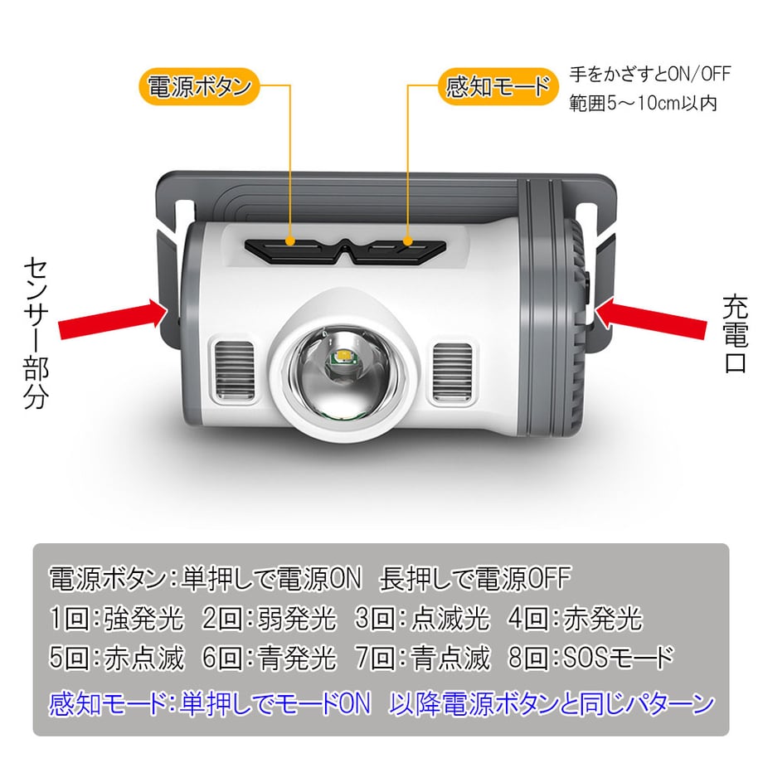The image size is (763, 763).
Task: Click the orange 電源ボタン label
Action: pyautogui.click(x=198, y=86)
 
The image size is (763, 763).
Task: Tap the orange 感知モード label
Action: pyautogui.click(x=498, y=86)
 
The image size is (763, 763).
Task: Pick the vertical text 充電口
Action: pyautogui.click(x=736, y=333)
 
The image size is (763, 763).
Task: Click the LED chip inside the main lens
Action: pyautogui.click(x=343, y=357)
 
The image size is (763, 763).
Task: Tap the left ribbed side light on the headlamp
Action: pyautogui.click(x=235, y=371)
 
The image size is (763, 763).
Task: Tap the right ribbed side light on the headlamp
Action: pyautogui.click(x=452, y=372)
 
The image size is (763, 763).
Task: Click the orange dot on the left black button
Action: pyautogui.click(x=290, y=241)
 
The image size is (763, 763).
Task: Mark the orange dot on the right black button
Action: pyautogui.click(x=408, y=241)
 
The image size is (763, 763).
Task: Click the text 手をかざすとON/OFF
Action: pyautogui.click(x=650, y=75)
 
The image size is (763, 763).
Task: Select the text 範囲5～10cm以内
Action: pyautogui.click(x=643, y=103)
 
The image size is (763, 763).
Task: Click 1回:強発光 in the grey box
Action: pyautogui.click(x=117, y=619)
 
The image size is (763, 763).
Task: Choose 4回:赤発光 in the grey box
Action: pyautogui.click(x=576, y=619)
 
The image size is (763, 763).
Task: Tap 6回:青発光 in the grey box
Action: pyautogui.click(x=269, y=658)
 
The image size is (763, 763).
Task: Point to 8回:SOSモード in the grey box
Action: pyautogui.click(x=590, y=658)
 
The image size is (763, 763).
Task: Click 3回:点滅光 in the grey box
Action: pyautogui.click(x=422, y=619)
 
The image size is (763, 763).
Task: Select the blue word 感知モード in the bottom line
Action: pyautogui.click(x=108, y=703)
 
